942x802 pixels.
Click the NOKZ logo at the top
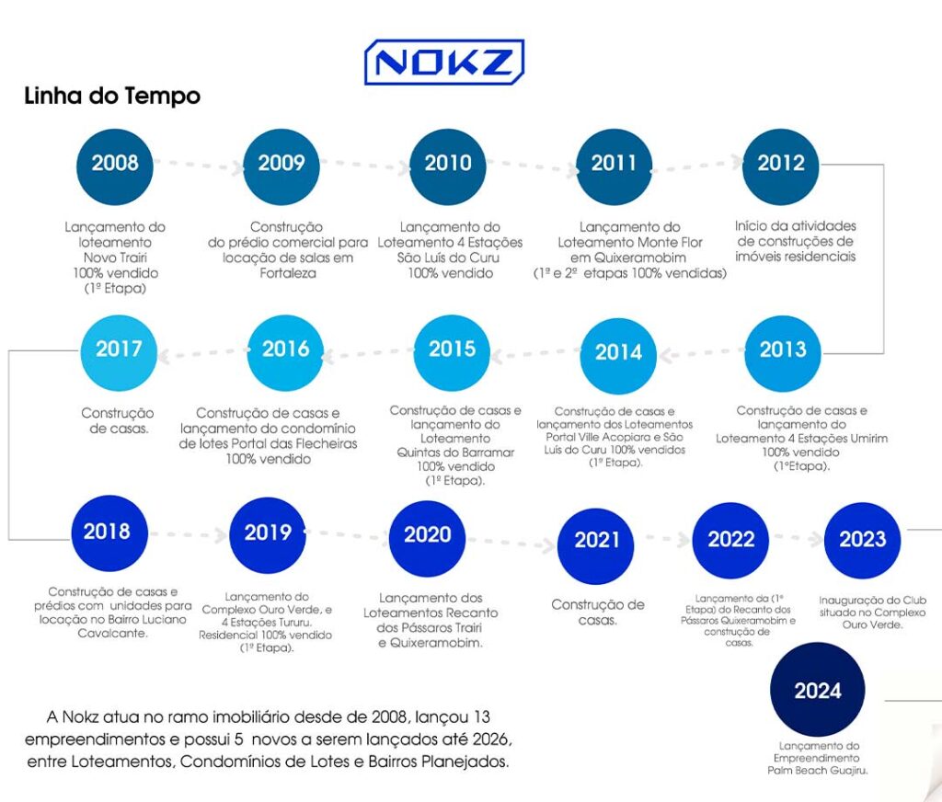pyautogui.click(x=444, y=63)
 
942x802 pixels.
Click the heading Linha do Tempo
pyautogui.click(x=112, y=96)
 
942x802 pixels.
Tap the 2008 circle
pyautogui.click(x=115, y=164)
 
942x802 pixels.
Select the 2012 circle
pyautogui.click(x=780, y=164)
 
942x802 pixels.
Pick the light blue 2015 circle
pyautogui.click(x=452, y=349)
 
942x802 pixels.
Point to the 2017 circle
pyautogui.click(x=119, y=349)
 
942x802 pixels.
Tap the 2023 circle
pyautogui.click(x=862, y=540)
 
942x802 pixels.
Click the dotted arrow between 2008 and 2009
pyautogui.click(x=198, y=164)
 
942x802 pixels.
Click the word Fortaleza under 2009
pyautogui.click(x=281, y=273)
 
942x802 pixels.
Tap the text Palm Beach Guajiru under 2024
pyautogui.click(x=818, y=770)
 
